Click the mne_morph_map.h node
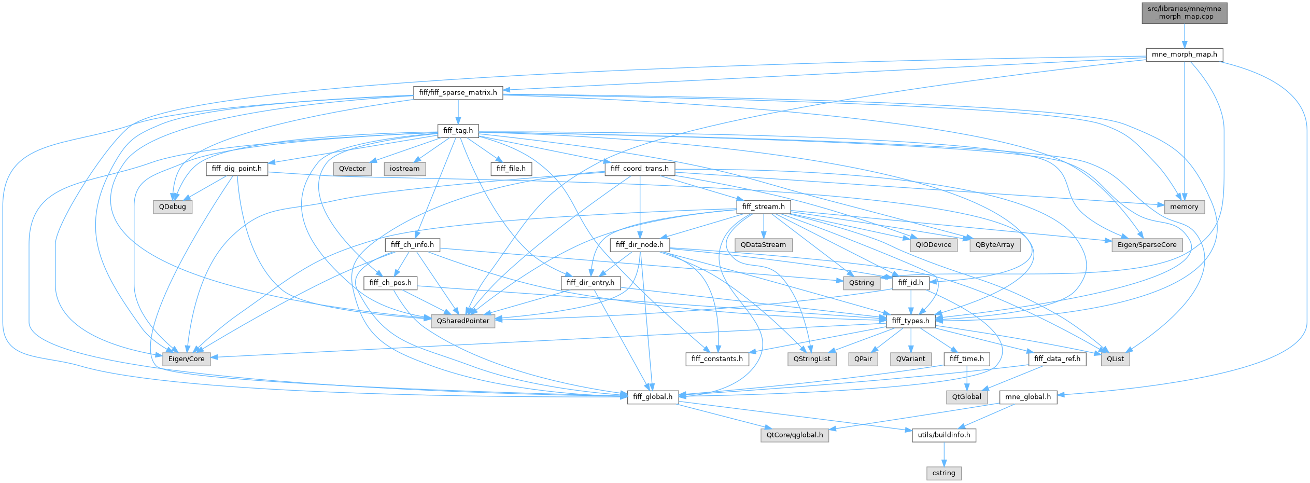click(1184, 54)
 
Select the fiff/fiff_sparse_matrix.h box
click(458, 93)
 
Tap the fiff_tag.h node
click(458, 131)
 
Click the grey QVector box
click(353, 169)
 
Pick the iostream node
click(405, 169)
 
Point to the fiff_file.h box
click(511, 169)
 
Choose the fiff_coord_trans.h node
click(639, 169)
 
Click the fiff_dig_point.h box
click(237, 169)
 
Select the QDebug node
click(173, 207)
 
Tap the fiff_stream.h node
click(763, 207)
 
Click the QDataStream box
click(763, 245)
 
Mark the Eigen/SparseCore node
click(1147, 245)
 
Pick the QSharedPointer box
click(463, 321)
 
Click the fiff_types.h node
click(911, 321)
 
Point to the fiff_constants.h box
click(717, 359)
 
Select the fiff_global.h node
click(653, 397)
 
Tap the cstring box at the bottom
click(943, 473)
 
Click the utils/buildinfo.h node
click(943, 435)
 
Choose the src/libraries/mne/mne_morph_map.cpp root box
click(1184, 12)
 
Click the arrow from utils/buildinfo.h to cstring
click(943, 454)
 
